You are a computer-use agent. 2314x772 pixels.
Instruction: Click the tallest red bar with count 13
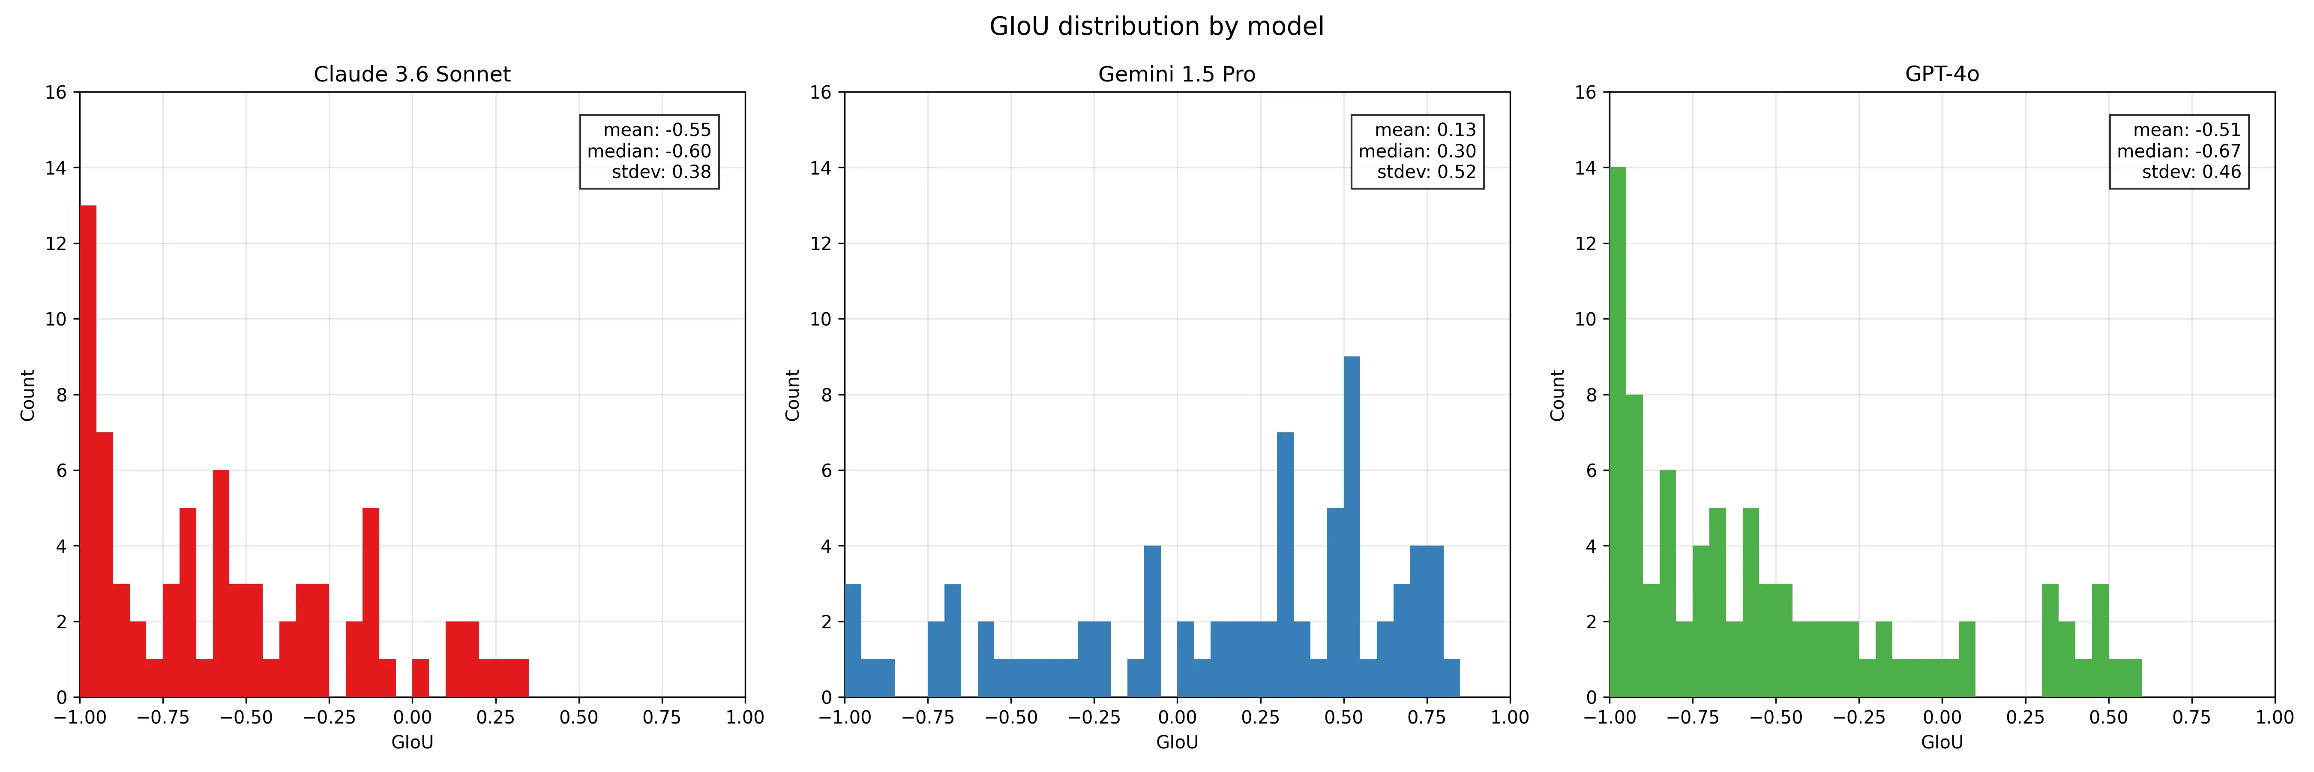88,449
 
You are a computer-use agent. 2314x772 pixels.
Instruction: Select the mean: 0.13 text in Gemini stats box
1425,130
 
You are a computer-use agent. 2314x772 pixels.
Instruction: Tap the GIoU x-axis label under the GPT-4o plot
1942,742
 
